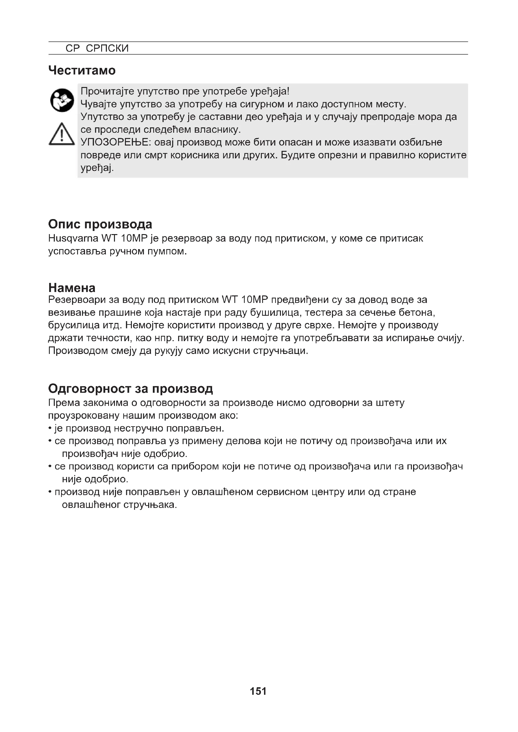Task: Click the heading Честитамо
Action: tap(82, 70)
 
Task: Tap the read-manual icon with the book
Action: tap(62, 100)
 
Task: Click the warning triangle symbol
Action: tap(62, 134)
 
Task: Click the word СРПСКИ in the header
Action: tap(107, 48)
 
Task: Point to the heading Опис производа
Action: tap(100, 224)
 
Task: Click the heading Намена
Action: tap(72, 288)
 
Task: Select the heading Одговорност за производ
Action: tap(131, 388)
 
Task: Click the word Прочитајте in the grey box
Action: tap(107, 91)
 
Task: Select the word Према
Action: tap(64, 403)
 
